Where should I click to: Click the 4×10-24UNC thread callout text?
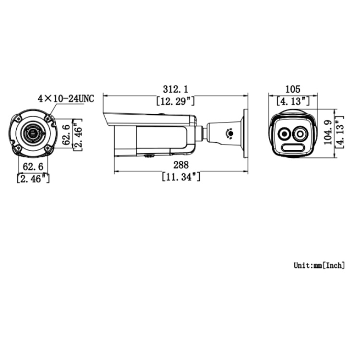(x=66, y=99)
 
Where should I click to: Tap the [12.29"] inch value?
(x=176, y=101)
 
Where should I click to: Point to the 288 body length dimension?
(x=180, y=166)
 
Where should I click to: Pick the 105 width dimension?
(x=292, y=89)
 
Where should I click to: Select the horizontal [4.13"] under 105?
(x=292, y=101)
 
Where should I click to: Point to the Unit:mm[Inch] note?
(x=319, y=265)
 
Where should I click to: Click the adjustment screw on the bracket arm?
(x=229, y=133)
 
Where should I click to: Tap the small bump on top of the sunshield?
(x=162, y=115)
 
